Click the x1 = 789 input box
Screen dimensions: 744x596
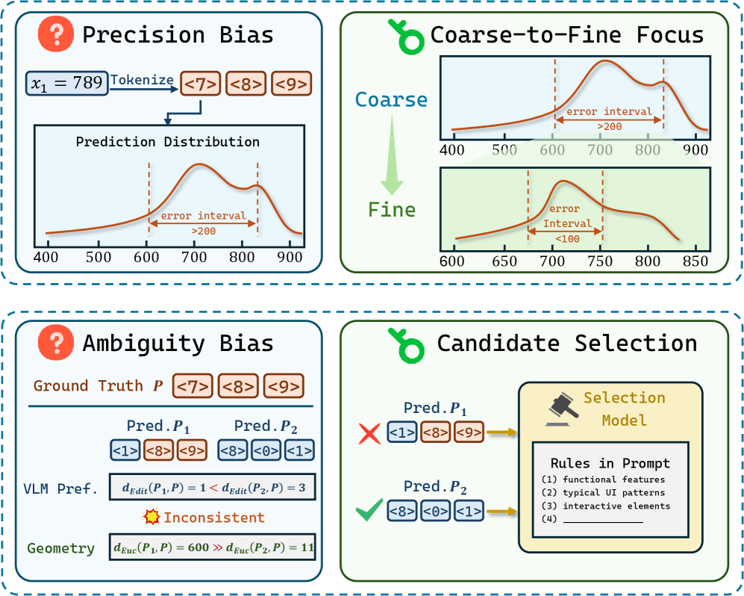point(67,83)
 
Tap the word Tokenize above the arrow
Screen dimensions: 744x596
point(142,80)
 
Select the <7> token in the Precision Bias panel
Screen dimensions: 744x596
point(200,84)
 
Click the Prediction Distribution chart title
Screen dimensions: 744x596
point(167,141)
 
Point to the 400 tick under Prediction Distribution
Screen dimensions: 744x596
point(46,257)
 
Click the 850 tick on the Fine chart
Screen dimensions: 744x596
point(695,261)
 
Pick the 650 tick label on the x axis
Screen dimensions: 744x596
point(504,261)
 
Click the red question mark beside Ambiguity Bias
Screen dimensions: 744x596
point(56,342)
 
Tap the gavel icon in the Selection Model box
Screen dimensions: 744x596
point(563,409)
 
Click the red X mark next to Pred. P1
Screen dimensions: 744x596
point(369,434)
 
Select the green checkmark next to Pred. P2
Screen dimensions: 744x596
point(369,509)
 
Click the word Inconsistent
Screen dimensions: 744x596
point(214,517)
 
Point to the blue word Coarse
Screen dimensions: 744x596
point(391,100)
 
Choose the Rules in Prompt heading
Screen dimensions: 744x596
point(610,463)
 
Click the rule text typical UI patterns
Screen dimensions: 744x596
point(613,492)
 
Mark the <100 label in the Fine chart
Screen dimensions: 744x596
point(567,239)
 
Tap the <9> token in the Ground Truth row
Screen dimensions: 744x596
point(284,386)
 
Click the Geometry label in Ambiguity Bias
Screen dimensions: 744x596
point(60,548)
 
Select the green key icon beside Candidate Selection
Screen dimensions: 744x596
point(407,345)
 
